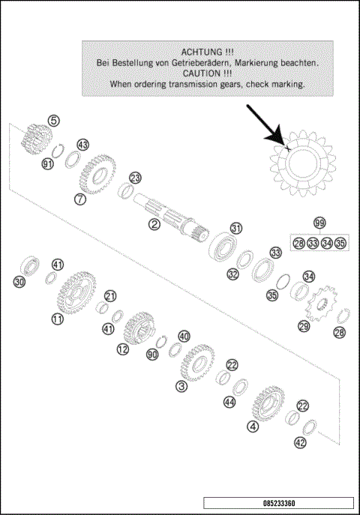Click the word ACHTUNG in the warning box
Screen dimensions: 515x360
200,52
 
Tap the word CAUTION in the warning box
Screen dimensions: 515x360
200,74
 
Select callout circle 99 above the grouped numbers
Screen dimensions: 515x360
320,223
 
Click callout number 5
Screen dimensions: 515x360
54,120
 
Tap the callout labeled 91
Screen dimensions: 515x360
48,164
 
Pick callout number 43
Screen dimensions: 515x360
82,145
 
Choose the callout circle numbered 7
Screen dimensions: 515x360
79,199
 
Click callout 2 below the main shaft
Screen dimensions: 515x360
154,223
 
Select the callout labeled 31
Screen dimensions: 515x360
236,229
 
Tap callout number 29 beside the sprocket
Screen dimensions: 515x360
304,326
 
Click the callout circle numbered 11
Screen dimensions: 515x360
57,319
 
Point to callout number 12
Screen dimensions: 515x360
122,349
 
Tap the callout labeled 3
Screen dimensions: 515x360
181,387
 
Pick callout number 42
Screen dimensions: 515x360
300,443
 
